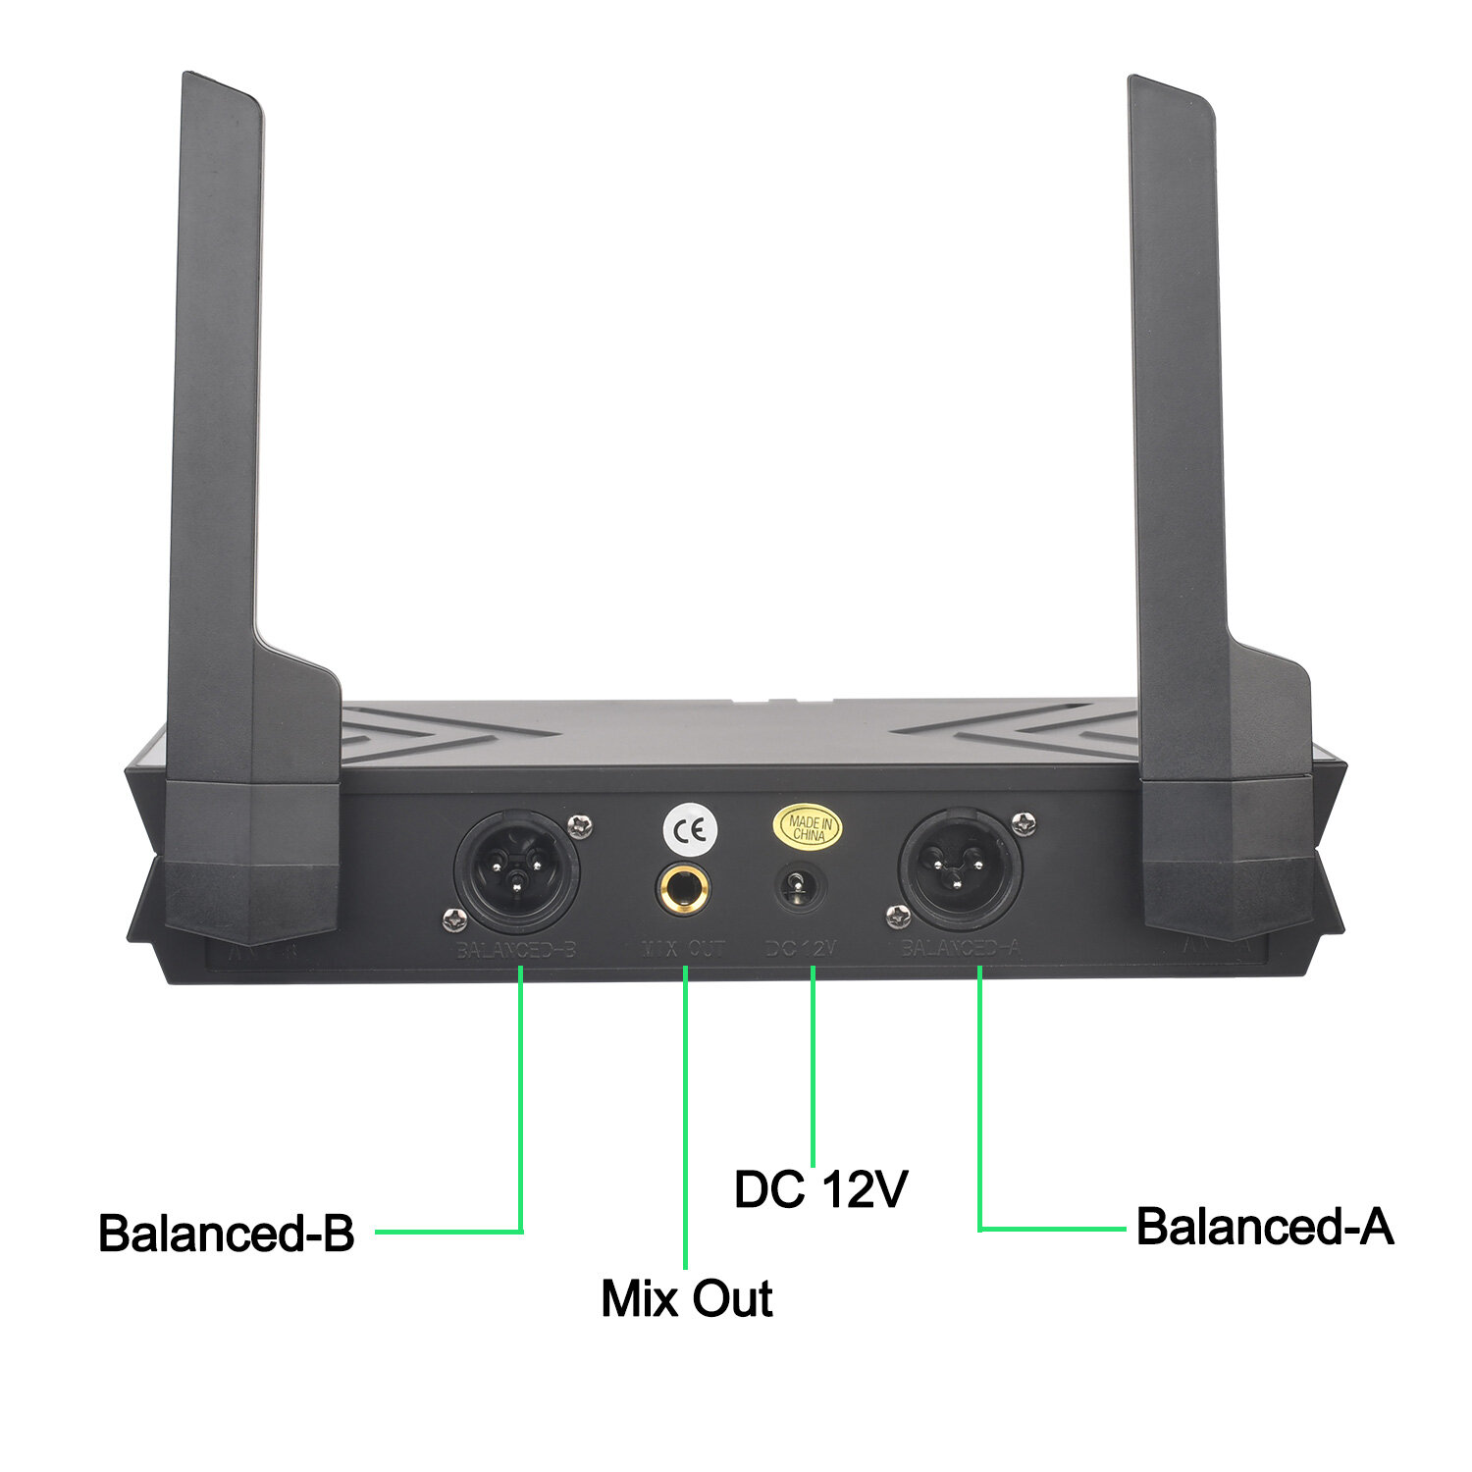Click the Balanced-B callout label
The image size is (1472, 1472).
pos(226,1233)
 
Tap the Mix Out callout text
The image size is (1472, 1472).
pos(686,1297)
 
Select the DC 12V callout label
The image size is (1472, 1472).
pos(820,1189)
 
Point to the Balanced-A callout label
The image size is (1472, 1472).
pos(1264,1227)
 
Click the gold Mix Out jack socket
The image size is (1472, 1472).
pos(683,889)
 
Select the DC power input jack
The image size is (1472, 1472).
pos(801,888)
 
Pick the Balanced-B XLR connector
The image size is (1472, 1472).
pos(516,870)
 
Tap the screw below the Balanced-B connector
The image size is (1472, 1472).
pos(452,919)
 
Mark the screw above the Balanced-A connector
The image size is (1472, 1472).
pos(1025,823)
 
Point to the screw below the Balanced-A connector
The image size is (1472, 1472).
pos(897,917)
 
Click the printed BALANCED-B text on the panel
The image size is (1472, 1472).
pos(515,950)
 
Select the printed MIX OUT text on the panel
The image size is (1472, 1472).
pos(683,949)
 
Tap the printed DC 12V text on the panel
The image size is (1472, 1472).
pos(801,948)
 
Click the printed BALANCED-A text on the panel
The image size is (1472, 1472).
pos(961,948)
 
